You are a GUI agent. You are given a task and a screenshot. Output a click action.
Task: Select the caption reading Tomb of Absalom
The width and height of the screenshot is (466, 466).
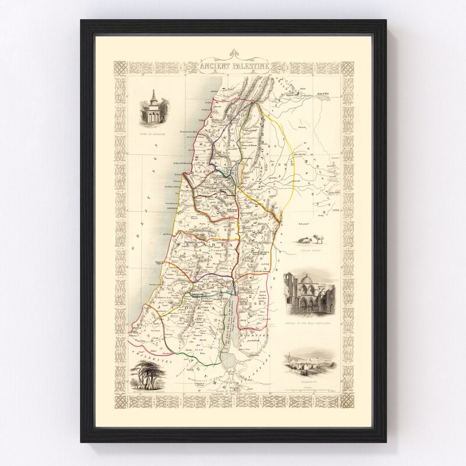tap(150, 133)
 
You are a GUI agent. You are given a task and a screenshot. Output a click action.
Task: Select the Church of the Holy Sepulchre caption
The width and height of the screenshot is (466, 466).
tap(308, 321)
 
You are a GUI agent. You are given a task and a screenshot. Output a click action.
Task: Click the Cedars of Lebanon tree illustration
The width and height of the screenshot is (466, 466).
tap(146, 373)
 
